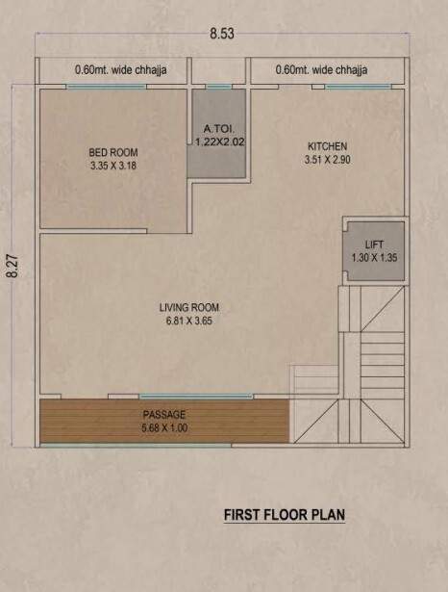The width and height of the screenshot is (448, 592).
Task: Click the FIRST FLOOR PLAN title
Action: tap(284, 515)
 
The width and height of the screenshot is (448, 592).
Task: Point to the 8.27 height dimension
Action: tap(12, 265)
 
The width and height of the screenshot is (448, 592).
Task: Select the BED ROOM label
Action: tap(113, 152)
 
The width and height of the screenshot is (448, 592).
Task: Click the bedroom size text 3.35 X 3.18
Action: tap(113, 165)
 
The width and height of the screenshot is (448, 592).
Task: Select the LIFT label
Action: tap(375, 245)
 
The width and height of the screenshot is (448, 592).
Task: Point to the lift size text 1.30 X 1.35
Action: tap(375, 257)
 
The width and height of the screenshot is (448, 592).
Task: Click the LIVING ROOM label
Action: tap(189, 308)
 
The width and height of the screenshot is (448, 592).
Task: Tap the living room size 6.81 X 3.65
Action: tap(189, 321)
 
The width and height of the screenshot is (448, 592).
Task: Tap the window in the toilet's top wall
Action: tap(219, 88)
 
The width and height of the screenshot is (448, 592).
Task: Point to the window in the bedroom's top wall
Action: tap(106, 88)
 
